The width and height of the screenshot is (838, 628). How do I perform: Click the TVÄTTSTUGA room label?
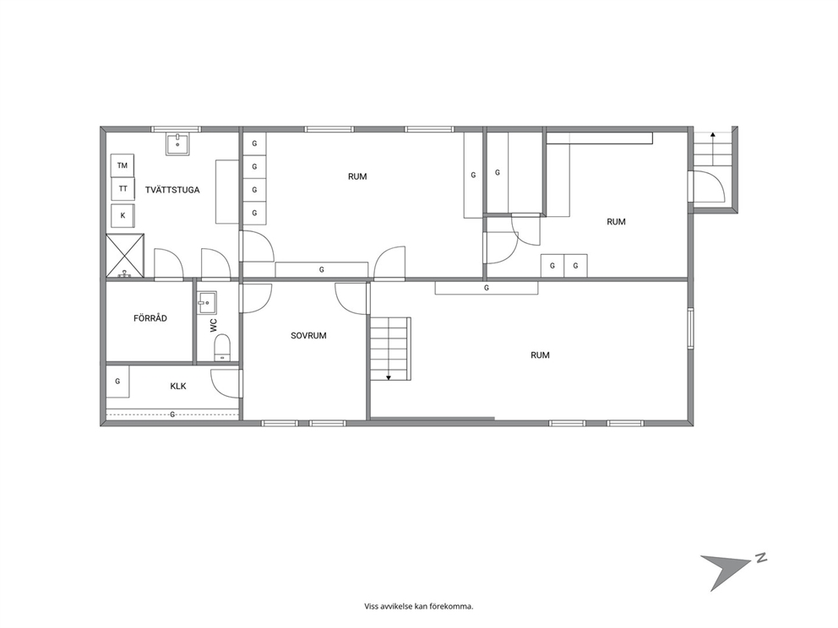(x=172, y=190)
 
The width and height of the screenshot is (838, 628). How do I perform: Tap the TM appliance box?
(x=122, y=165)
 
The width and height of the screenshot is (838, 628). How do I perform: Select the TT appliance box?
(x=122, y=188)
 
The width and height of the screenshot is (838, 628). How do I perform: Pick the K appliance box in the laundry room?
(x=122, y=216)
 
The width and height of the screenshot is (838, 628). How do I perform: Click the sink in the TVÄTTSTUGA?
(x=177, y=144)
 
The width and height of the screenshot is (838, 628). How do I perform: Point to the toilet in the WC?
(x=221, y=348)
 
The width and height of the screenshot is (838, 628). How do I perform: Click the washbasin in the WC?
(x=206, y=303)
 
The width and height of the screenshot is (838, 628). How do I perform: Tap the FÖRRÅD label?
(x=150, y=318)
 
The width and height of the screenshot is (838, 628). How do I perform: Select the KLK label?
(x=178, y=386)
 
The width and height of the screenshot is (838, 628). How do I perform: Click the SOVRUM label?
(x=308, y=335)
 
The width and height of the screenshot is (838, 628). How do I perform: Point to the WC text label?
(x=214, y=326)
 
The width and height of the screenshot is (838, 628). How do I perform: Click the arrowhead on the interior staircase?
(x=389, y=377)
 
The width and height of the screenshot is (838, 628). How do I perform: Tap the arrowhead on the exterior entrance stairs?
(x=712, y=135)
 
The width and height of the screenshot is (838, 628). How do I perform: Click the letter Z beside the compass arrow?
(x=761, y=558)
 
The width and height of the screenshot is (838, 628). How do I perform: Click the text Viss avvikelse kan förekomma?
(x=419, y=606)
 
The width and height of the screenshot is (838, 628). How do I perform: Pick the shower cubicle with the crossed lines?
(x=125, y=256)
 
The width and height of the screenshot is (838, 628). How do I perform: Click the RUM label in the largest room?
(x=540, y=355)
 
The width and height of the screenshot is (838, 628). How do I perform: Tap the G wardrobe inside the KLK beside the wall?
(x=117, y=382)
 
